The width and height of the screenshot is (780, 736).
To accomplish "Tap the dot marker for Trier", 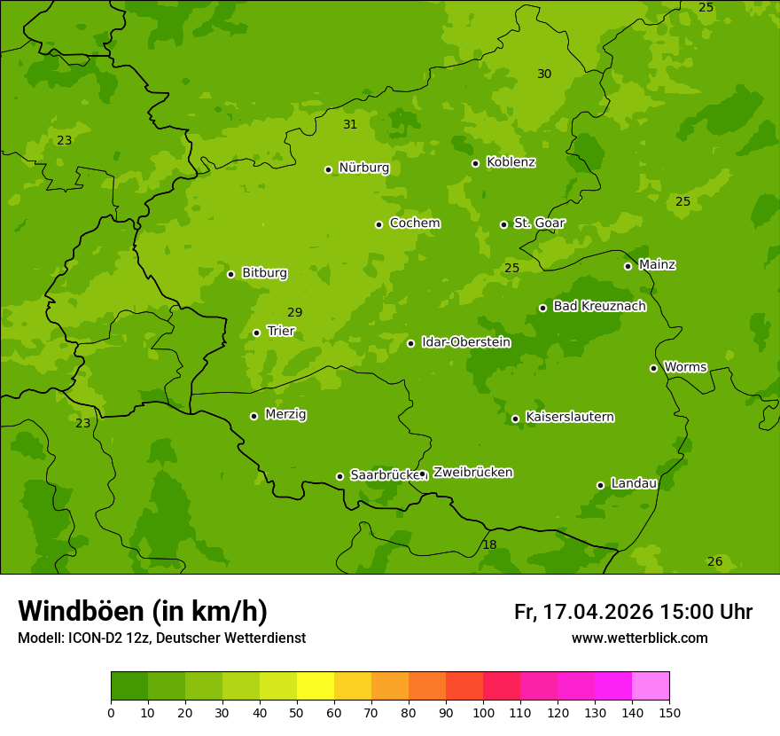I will [x=257, y=333].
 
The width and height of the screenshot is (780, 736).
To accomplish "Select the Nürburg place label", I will [x=363, y=168].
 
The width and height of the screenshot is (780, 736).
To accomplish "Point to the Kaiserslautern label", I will [x=569, y=417].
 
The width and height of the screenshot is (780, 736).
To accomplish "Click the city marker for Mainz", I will [x=628, y=266].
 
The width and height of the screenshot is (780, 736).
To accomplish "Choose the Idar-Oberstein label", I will [x=465, y=341].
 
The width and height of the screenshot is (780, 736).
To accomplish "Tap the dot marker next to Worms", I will [x=653, y=368].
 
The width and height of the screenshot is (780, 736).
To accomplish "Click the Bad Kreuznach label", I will [x=599, y=306].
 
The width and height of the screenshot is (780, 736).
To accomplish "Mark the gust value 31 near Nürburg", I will [x=350, y=124].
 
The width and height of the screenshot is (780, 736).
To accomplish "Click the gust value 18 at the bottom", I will [x=489, y=544].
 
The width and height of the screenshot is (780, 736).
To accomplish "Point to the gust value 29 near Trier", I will [x=295, y=312].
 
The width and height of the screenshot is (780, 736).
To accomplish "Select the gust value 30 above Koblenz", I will [x=544, y=74].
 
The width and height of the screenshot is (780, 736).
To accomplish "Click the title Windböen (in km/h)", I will [x=143, y=611].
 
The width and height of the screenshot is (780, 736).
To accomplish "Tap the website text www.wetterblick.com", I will [x=639, y=638].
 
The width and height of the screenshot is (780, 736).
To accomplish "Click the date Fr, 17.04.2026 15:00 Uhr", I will [x=633, y=612].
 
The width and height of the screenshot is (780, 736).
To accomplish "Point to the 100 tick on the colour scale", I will [x=483, y=712].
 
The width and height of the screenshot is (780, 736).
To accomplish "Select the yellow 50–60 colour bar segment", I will [x=316, y=686].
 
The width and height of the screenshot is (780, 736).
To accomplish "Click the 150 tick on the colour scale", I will [x=669, y=712].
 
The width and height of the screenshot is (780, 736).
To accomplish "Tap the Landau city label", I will [x=634, y=483].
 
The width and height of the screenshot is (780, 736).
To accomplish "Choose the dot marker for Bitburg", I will [x=230, y=274].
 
